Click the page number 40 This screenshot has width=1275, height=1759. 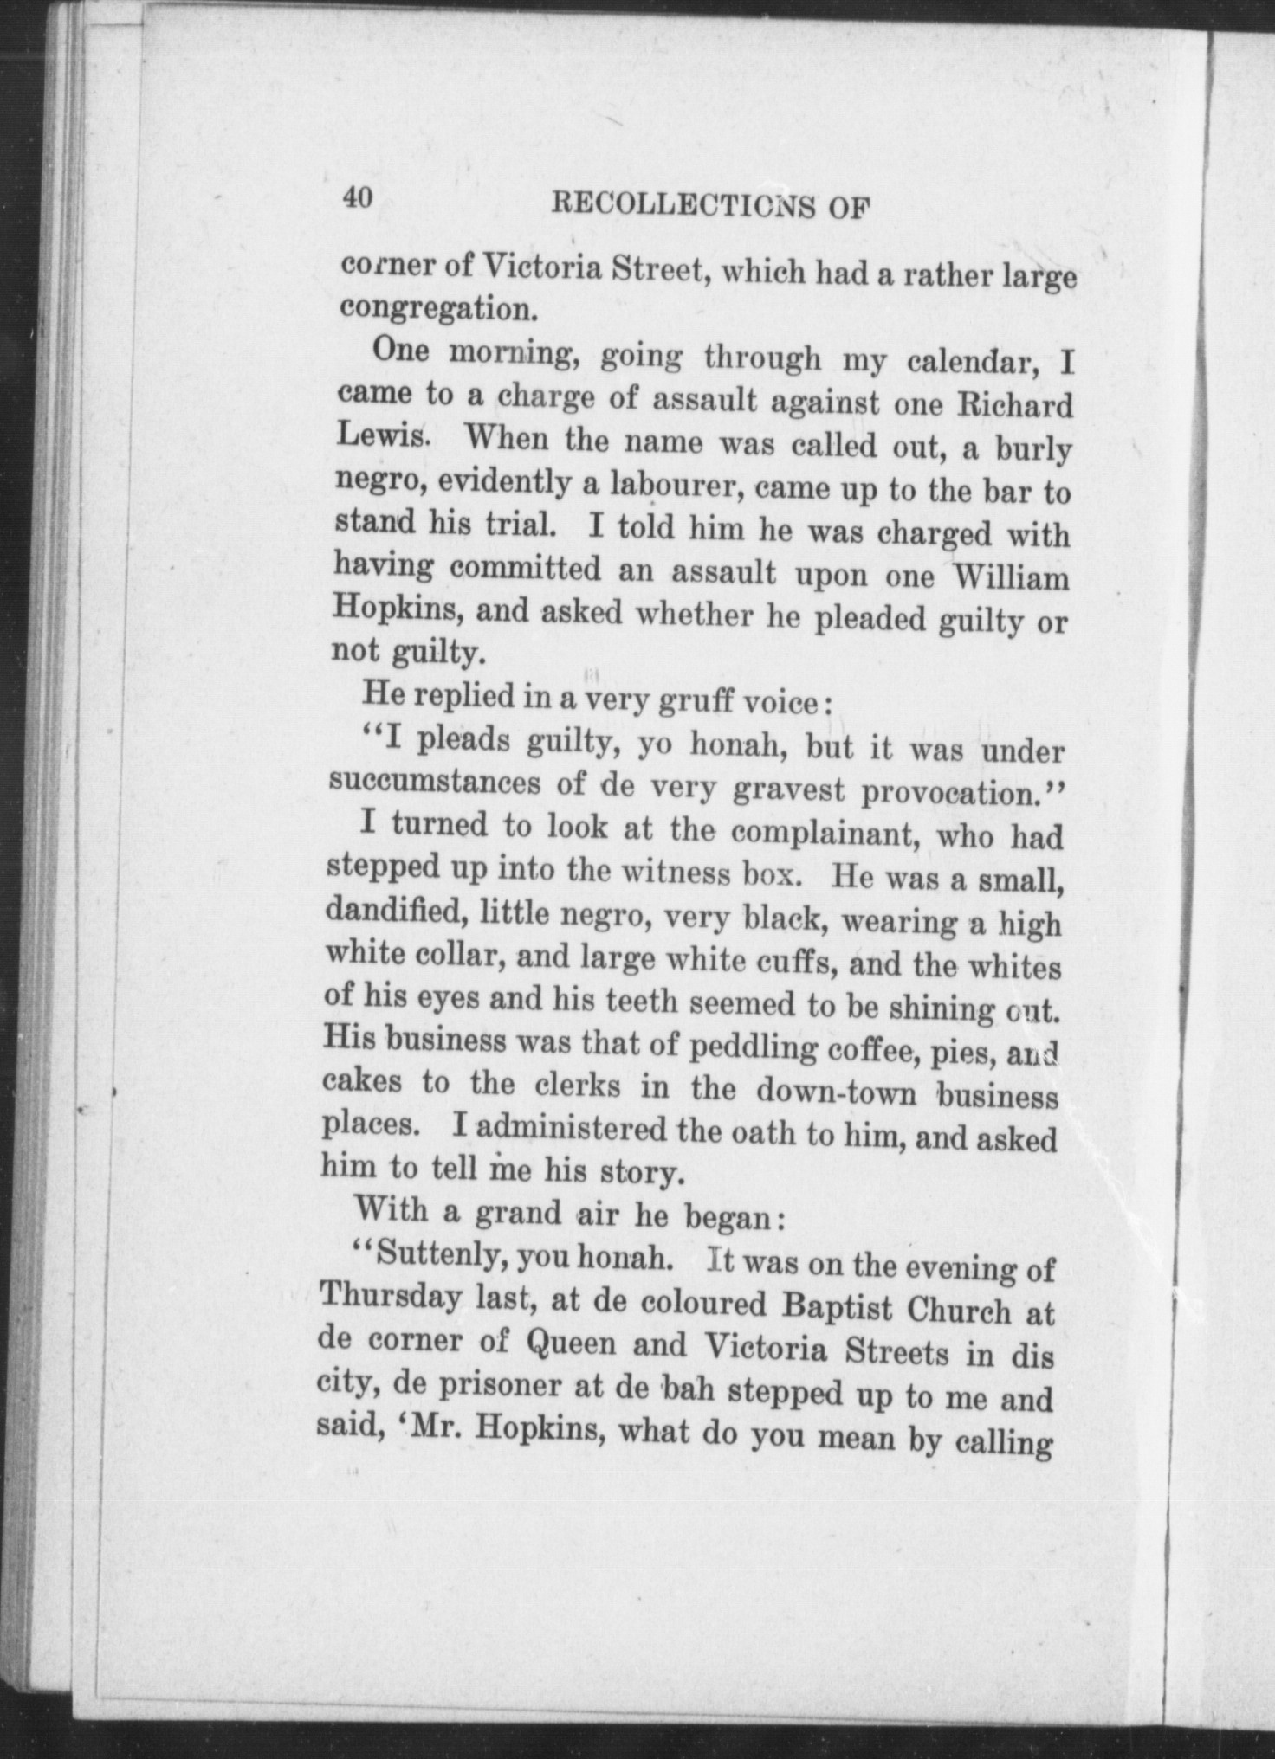[357, 198]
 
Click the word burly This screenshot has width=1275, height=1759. [1032, 451]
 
